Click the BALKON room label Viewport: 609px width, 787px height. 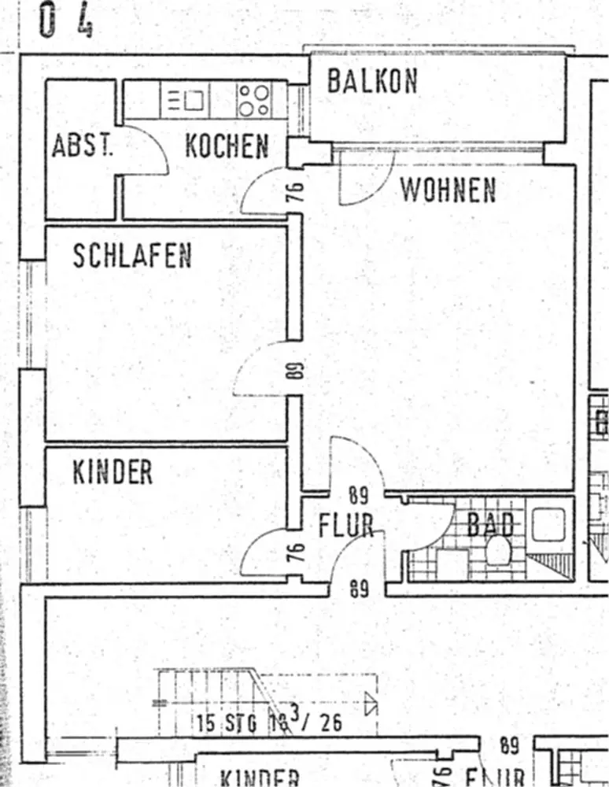pyautogui.click(x=372, y=81)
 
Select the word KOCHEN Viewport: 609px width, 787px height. pyautogui.click(x=227, y=146)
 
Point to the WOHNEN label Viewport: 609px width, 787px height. pyautogui.click(x=448, y=190)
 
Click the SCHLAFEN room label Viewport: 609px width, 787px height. pyautogui.click(x=132, y=256)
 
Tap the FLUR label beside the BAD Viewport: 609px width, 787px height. pyautogui.click(x=346, y=526)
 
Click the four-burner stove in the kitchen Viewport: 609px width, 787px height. pyautogui.click(x=253, y=100)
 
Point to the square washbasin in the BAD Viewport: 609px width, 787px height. pyautogui.click(x=548, y=524)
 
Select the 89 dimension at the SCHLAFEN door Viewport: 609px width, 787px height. pyautogui.click(x=296, y=370)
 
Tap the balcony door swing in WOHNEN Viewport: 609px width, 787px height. pyautogui.click(x=367, y=176)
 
